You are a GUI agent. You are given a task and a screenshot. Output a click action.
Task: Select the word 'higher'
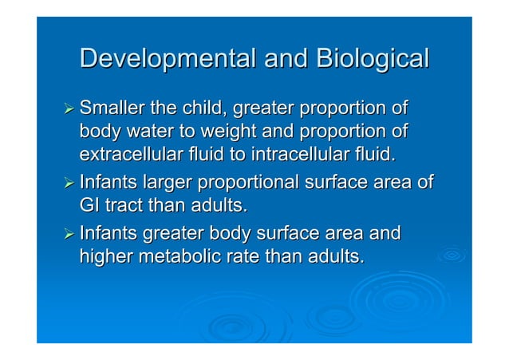click(x=106, y=257)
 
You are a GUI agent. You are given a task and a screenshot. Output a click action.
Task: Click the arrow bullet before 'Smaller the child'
click(x=69, y=109)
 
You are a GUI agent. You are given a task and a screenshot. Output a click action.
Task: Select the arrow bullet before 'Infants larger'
click(x=69, y=184)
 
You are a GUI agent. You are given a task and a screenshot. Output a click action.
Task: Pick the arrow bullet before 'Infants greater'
click(x=69, y=235)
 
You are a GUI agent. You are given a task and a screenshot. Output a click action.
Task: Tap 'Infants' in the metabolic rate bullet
click(x=109, y=235)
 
